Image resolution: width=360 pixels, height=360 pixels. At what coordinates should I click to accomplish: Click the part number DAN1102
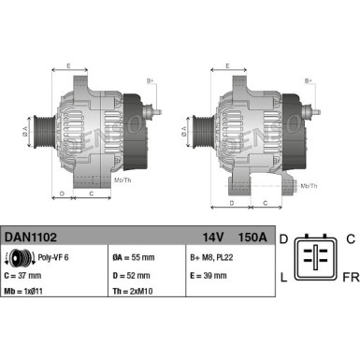[x=28, y=239]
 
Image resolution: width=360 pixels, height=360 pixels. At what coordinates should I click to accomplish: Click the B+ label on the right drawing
[x=309, y=81]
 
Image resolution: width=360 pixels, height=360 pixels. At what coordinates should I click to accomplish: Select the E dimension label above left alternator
[x=68, y=66]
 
